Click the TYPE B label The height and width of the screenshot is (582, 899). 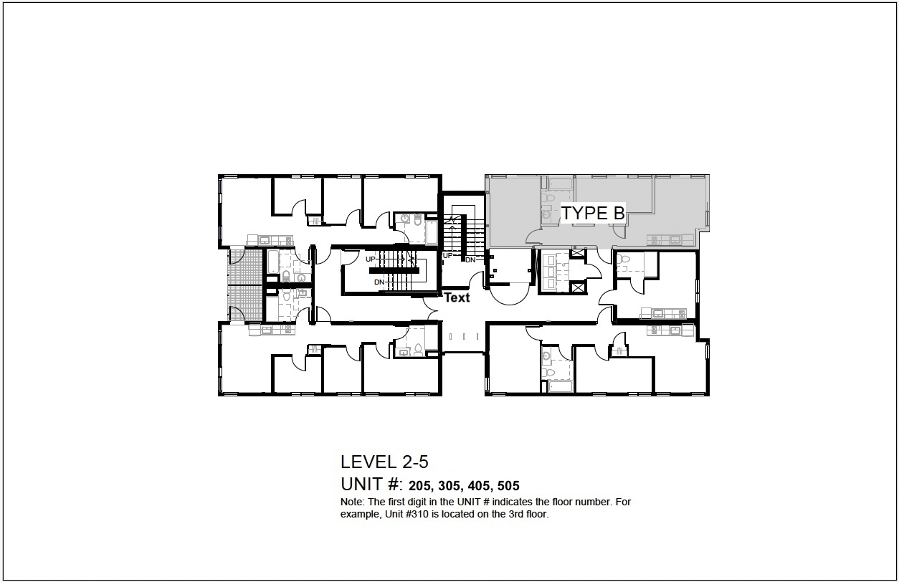(593, 214)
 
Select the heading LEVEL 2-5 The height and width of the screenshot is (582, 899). (384, 462)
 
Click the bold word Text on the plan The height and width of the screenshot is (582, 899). (457, 297)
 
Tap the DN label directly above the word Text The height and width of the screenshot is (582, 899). (470, 259)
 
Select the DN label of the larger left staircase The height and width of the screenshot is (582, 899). (379, 282)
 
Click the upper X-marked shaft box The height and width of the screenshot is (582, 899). (578, 255)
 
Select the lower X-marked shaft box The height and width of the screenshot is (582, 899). (578, 287)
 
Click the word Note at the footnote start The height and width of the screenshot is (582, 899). (351, 502)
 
